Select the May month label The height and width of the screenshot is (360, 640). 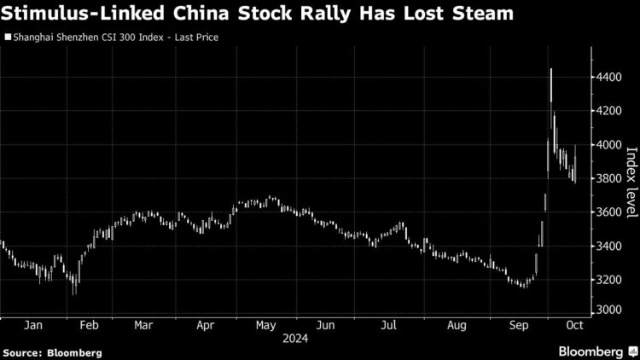point(265,325)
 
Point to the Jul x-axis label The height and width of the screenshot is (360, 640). point(387,325)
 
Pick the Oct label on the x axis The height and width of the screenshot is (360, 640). point(573,325)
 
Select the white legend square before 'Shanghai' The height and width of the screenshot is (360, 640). point(8,38)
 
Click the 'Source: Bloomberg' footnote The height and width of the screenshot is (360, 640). point(52,351)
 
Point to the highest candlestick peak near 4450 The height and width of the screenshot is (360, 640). point(551,69)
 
